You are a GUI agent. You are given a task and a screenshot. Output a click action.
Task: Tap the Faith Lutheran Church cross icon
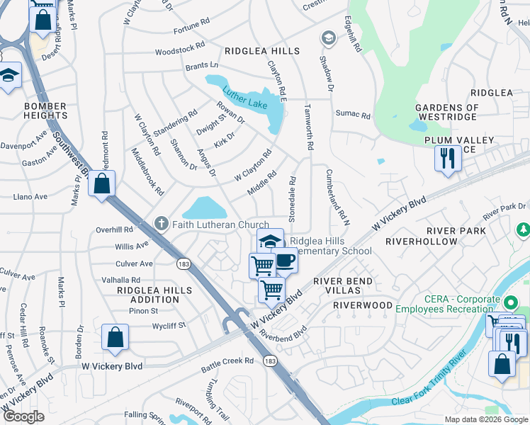click(x=161, y=225)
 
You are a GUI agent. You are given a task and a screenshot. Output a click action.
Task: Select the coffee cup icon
click(x=285, y=260)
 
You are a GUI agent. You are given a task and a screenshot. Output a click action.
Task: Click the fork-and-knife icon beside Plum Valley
click(x=447, y=158)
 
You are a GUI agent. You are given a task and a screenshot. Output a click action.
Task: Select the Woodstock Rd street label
click(x=179, y=52)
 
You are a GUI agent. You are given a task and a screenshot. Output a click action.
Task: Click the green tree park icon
click(x=524, y=229)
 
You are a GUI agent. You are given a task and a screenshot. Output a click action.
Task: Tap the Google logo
click(x=24, y=416)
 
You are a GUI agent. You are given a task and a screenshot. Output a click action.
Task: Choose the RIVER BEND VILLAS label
click(x=352, y=285)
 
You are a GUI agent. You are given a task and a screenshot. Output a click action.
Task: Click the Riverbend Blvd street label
click(x=284, y=332)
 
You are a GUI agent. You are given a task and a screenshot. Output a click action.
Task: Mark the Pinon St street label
click(x=143, y=311)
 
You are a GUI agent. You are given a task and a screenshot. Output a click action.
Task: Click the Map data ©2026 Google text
click(x=485, y=419)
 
